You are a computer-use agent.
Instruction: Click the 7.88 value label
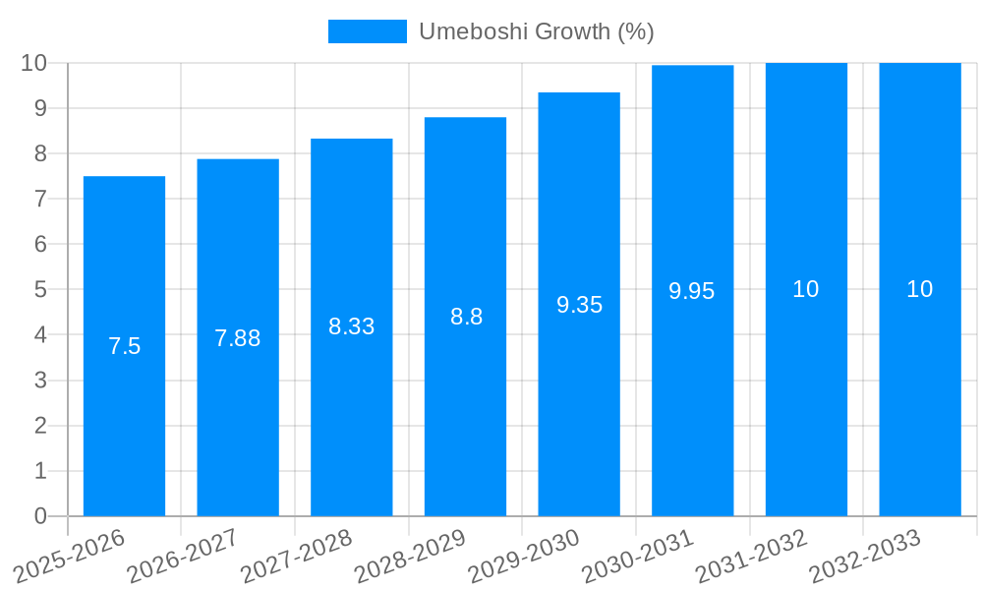238,338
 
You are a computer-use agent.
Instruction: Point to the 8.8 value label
466,317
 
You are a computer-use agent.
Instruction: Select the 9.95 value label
692,291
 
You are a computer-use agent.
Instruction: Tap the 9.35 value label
579,305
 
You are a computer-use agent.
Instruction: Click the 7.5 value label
124,346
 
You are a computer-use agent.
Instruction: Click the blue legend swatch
367,31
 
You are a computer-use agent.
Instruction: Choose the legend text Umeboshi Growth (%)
537,31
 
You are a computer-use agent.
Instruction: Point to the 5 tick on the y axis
40,290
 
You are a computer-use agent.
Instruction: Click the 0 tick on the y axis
40,516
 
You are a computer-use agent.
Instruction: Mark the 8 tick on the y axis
40,153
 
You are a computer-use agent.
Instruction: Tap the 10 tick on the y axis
34,63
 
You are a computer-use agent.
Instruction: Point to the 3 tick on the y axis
40,381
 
